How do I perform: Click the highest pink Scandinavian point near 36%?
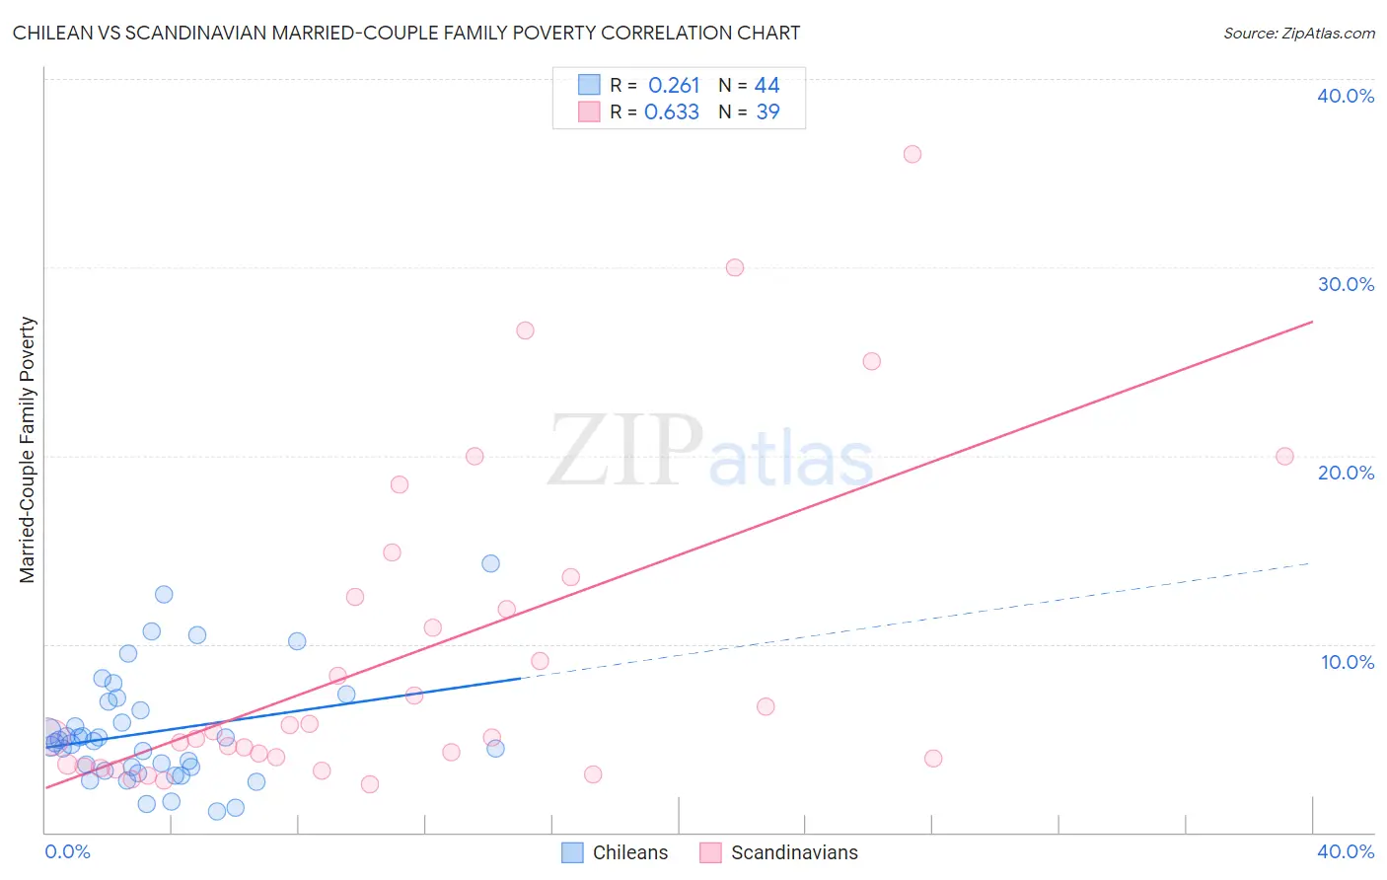click(x=912, y=154)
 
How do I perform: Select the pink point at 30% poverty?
click(x=735, y=267)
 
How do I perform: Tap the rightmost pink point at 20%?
click(x=1284, y=456)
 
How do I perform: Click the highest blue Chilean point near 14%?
click(x=490, y=563)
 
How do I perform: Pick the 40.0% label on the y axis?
click(x=1346, y=96)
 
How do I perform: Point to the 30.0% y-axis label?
click(x=1346, y=284)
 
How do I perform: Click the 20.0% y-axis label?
click(x=1346, y=473)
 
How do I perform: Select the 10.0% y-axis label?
click(x=1348, y=662)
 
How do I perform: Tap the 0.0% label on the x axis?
click(x=67, y=851)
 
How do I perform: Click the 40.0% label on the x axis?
click(x=1346, y=851)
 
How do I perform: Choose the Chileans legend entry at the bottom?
click(x=615, y=852)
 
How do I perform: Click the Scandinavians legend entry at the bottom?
click(x=779, y=852)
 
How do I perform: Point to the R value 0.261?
click(x=674, y=86)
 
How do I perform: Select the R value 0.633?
click(x=672, y=112)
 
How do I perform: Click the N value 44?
click(x=767, y=86)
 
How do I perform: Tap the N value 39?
click(x=767, y=112)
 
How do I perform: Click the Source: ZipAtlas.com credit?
click(x=1298, y=34)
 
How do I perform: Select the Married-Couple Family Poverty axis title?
click(x=28, y=450)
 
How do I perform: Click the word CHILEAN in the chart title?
click(x=55, y=34)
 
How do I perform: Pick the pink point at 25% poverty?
click(x=872, y=361)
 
